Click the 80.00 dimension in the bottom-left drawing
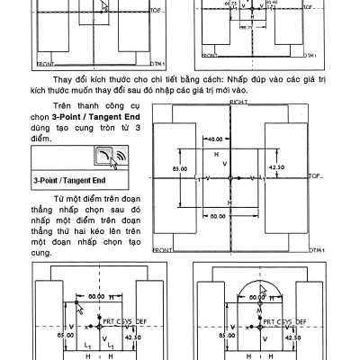click(95, 295)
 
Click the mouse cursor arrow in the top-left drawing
click(103, 7)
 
